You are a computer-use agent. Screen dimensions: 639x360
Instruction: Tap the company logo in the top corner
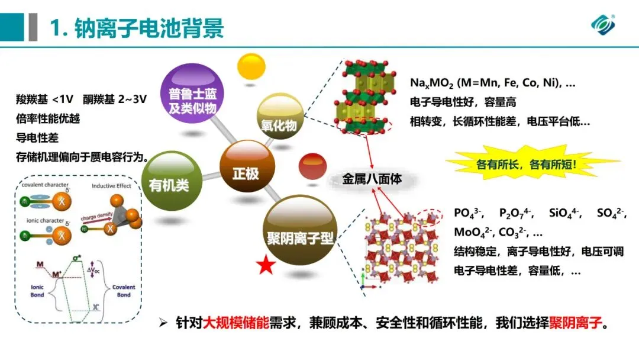pos(603,24)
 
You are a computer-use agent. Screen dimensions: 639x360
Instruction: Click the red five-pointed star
pos(266,266)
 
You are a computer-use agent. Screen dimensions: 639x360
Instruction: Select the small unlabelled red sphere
pos(314,166)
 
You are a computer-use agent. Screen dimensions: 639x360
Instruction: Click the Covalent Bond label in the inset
pos(124,290)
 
